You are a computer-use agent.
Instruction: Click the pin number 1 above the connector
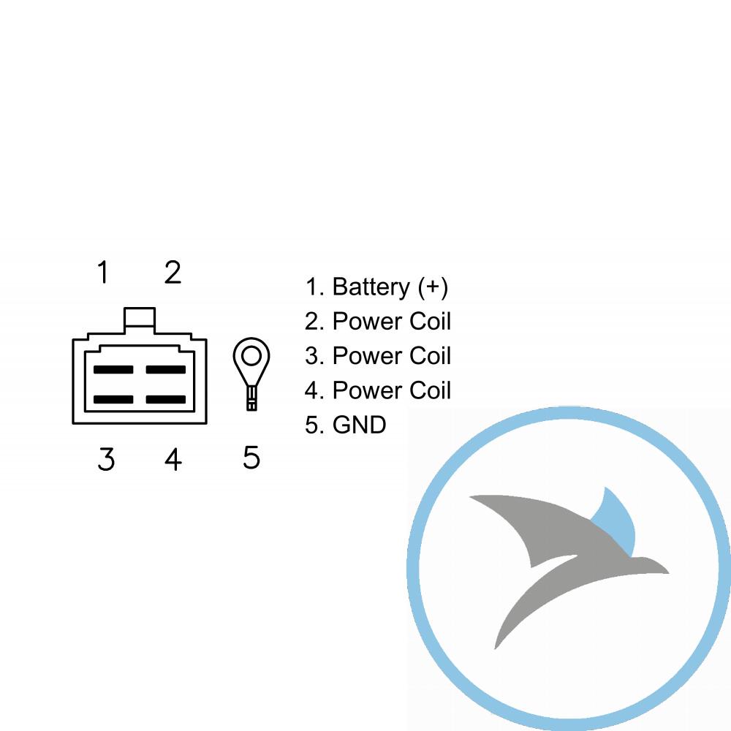103,272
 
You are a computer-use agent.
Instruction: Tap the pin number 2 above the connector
173,272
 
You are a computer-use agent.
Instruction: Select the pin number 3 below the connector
106,459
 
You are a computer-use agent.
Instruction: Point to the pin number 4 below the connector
173,459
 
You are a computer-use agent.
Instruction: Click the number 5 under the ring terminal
251,457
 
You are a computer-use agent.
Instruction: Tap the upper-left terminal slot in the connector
113,370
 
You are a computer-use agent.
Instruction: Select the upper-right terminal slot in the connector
166,370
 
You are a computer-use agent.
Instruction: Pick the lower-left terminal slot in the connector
113,400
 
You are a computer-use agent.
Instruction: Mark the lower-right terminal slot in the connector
166,400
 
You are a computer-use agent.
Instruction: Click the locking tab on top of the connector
140,320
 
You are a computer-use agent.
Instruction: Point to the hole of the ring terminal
251,357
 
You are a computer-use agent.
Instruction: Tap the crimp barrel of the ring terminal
251,398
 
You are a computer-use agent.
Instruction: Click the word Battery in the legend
371,287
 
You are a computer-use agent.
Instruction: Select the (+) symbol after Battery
433,287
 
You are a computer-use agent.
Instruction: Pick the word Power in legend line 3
368,356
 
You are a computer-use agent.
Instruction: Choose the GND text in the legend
359,425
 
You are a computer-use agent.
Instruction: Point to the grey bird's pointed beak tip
668,572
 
